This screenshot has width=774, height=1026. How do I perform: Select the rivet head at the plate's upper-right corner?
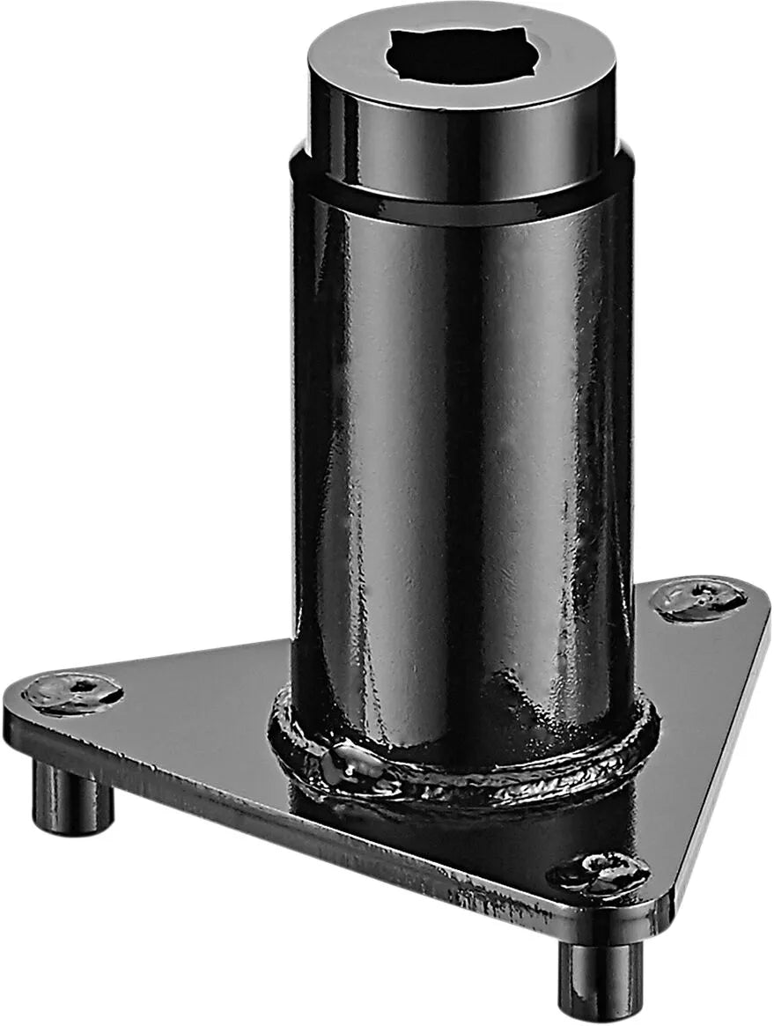pyautogui.click(x=699, y=600)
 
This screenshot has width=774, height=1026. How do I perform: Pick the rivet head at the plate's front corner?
pyautogui.click(x=599, y=872)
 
